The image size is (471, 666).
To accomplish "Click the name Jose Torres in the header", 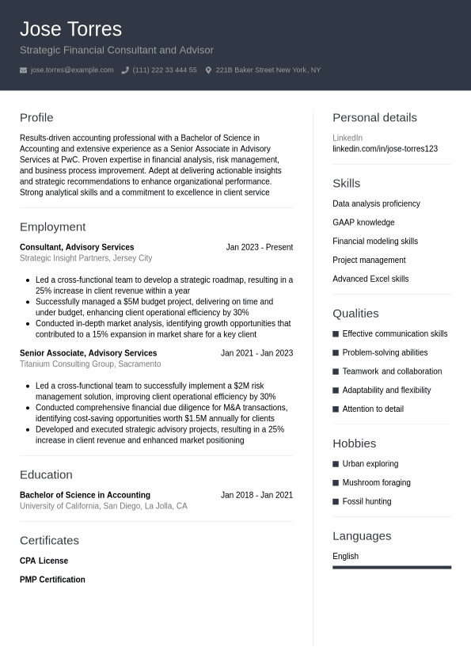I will pos(70,29).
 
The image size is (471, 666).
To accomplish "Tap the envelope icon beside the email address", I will pos(24,70).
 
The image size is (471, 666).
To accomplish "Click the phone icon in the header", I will pos(125,70).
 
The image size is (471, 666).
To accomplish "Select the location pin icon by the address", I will pos(208,70).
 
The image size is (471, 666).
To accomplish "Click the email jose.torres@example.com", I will pos(72,70).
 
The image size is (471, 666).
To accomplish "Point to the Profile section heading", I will pos(36,117).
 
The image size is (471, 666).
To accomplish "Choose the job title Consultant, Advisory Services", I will pos(77,247).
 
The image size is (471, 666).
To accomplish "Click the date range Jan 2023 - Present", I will pos(259,247).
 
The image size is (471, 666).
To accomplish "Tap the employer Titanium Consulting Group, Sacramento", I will pos(90,364).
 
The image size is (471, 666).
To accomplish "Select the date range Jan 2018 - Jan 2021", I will pos(256,495).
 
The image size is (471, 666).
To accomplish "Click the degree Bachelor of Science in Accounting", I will pos(85,495).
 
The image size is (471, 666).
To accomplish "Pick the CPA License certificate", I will pos(44,561).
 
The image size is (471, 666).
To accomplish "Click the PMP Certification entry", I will pos(52,580).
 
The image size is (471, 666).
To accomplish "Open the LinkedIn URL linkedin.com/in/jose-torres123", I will pos(385,149).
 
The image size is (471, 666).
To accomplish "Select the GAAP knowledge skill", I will pos(363,223).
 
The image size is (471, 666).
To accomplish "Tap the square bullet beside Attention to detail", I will pos(336,409).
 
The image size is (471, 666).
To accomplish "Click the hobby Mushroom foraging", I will pos(376,482).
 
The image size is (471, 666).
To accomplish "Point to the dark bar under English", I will pos(392,567).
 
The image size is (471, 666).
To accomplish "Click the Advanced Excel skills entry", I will pos(370,279).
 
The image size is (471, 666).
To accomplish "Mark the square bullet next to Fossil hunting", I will pos(336,501).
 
